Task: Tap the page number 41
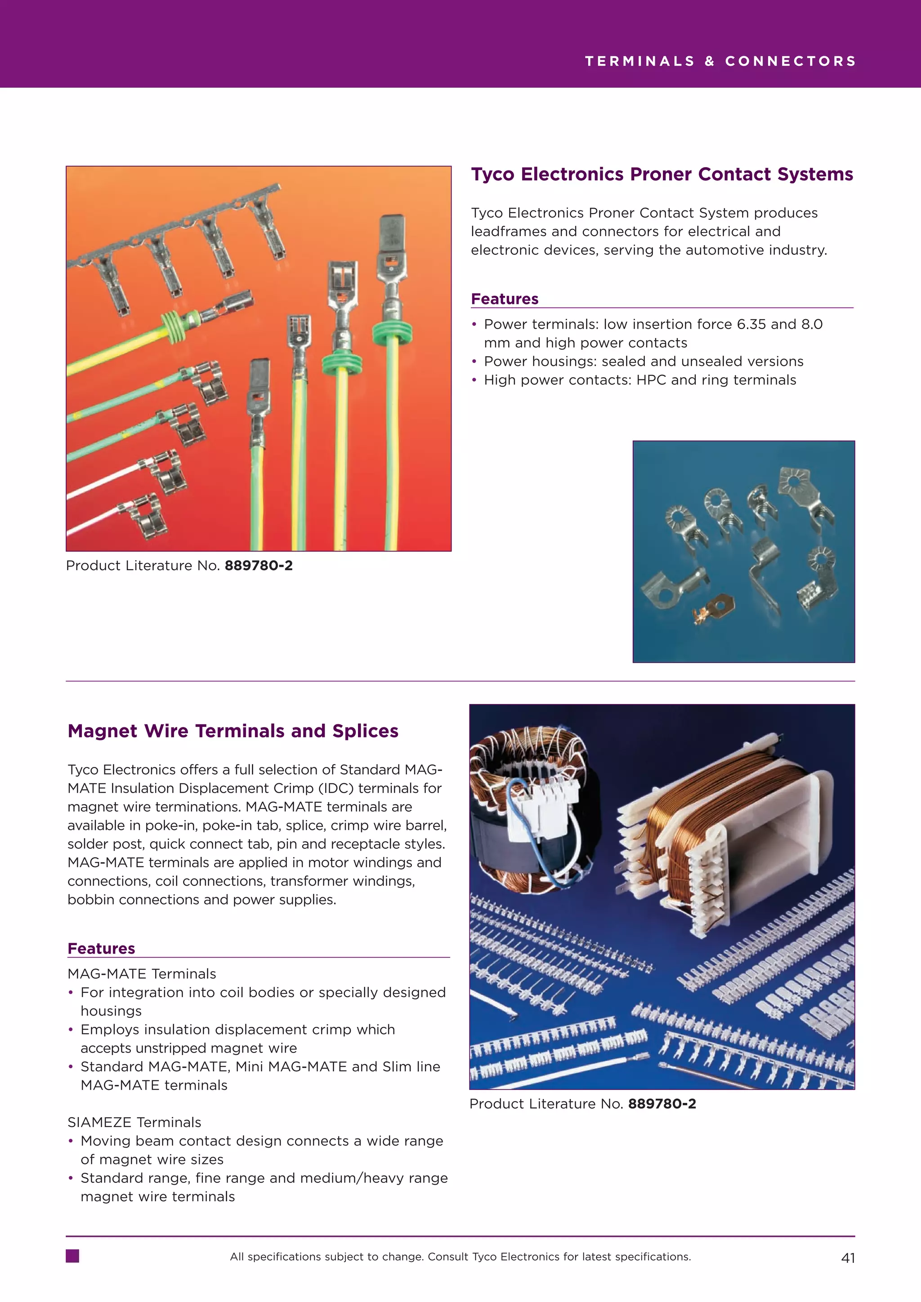tap(847, 1258)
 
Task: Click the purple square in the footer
tap(72, 1256)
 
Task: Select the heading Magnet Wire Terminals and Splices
tap(232, 731)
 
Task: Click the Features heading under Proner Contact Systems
tap(504, 299)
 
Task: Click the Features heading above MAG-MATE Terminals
tap(101, 949)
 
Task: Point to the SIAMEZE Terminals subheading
tap(134, 1122)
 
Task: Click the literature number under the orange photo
tap(259, 566)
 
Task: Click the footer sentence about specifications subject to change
tap(460, 1257)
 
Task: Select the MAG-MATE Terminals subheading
tap(142, 974)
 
